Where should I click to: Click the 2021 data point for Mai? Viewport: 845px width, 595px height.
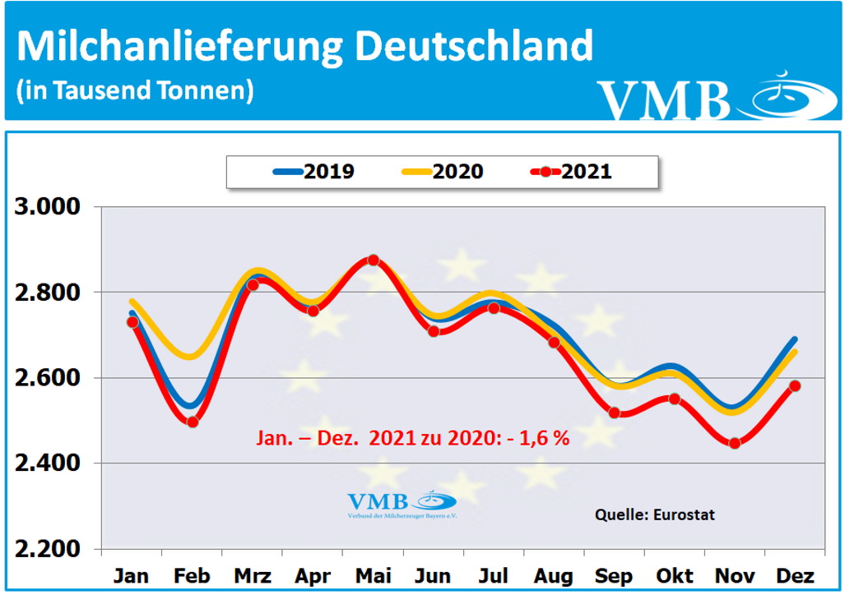(x=373, y=260)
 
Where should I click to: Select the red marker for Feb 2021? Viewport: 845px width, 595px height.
(x=193, y=422)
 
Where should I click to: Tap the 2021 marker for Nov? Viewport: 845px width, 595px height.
(x=735, y=444)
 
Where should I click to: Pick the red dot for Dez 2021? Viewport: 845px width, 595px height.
(x=795, y=386)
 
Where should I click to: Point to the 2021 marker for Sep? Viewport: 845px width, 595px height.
(x=614, y=413)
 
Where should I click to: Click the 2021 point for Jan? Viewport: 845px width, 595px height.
(x=132, y=322)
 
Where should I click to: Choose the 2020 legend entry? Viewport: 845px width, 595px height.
(x=442, y=172)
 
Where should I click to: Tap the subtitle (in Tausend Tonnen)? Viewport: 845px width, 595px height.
(x=134, y=90)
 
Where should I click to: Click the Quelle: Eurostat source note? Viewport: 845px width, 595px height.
(x=655, y=514)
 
